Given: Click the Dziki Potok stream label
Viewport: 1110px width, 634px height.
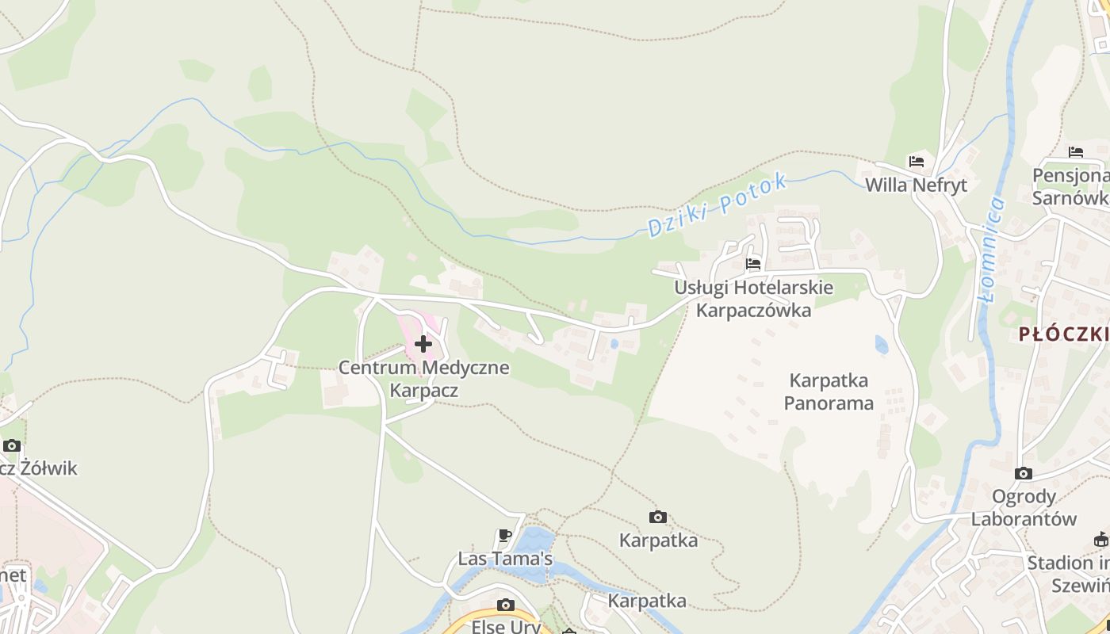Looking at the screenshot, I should pyautogui.click(x=717, y=204).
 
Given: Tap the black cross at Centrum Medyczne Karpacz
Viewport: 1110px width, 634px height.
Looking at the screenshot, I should pyautogui.click(x=423, y=344).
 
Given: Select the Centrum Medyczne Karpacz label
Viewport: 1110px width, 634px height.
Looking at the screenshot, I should pyautogui.click(x=423, y=379).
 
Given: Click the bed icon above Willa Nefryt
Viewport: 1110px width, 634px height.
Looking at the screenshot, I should pyautogui.click(x=917, y=162).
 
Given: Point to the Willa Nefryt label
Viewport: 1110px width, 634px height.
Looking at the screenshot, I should pyautogui.click(x=917, y=185).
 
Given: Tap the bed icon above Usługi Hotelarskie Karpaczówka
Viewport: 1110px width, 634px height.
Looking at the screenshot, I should pyautogui.click(x=753, y=263).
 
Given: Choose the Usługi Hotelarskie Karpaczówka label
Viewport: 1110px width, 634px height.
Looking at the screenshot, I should pyautogui.click(x=753, y=298).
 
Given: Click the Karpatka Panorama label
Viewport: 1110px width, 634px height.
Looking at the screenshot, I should pyautogui.click(x=829, y=391).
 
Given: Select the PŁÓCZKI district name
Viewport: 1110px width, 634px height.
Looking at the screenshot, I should pyautogui.click(x=1064, y=334).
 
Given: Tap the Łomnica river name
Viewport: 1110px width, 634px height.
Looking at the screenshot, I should pyautogui.click(x=991, y=250).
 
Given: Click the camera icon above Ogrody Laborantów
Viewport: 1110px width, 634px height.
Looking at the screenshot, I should pyautogui.click(x=1024, y=474).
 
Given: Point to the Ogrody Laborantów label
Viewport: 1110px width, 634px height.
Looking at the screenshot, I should pyautogui.click(x=1024, y=508).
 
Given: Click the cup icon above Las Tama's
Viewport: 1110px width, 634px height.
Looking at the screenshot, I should pyautogui.click(x=504, y=536).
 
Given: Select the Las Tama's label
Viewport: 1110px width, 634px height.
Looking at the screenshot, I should pyautogui.click(x=505, y=559).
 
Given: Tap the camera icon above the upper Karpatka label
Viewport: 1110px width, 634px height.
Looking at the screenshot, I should pyautogui.click(x=657, y=518).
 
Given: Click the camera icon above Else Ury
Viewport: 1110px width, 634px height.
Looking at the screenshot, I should pyautogui.click(x=505, y=605).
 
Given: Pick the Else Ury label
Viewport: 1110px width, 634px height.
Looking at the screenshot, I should pyautogui.click(x=506, y=626).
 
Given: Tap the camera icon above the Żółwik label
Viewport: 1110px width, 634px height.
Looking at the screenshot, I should pyautogui.click(x=11, y=445).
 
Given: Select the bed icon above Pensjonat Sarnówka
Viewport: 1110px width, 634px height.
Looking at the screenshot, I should pyautogui.click(x=1075, y=152).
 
